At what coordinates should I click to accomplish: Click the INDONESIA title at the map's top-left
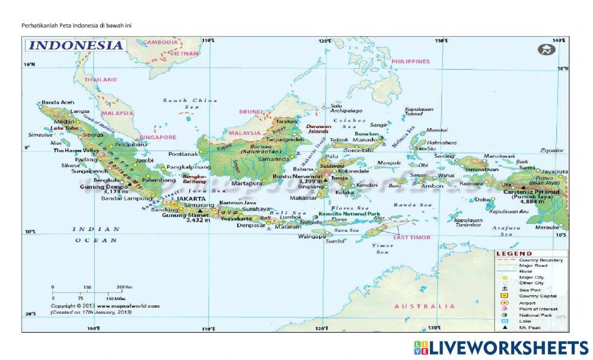(x=75, y=45)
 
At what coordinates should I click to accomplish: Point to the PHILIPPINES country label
(x=410, y=61)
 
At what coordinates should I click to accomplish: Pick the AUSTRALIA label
(x=425, y=306)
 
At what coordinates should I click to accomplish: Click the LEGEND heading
(x=514, y=254)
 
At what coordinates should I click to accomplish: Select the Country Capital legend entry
(x=537, y=296)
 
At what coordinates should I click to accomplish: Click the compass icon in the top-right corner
(x=546, y=50)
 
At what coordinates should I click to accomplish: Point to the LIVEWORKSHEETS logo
(x=501, y=348)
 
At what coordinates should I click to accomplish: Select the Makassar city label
(x=303, y=197)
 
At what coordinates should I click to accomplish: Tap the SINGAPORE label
(x=158, y=137)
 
